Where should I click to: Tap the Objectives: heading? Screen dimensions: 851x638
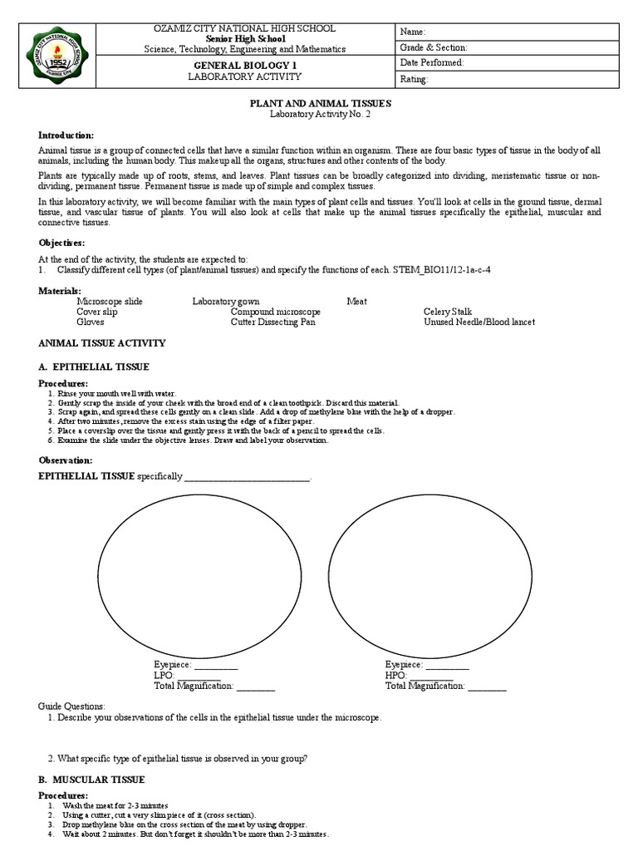point(61,242)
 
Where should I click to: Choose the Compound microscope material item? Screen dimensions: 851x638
point(275,312)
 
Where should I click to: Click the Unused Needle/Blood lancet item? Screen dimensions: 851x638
point(478,322)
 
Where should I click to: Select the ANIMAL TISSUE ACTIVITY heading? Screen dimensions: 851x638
point(102,342)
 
